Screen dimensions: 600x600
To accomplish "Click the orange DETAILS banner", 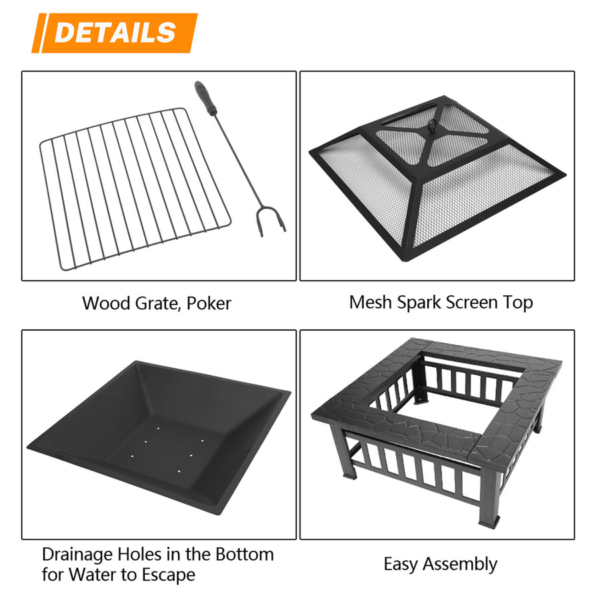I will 115,33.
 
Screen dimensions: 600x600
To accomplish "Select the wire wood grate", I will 133,187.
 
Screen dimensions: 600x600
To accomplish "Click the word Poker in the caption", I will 209,303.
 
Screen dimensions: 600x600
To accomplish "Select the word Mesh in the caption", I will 371,302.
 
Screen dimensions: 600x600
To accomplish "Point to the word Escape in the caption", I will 169,575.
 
